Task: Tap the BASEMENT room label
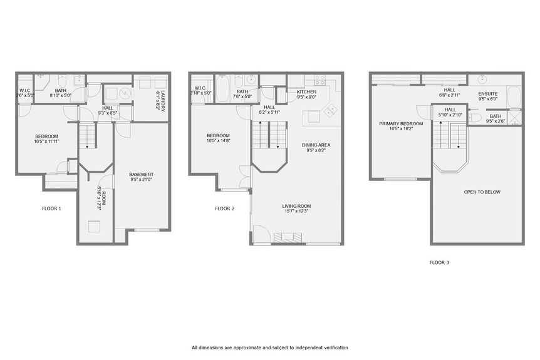coord(141,174)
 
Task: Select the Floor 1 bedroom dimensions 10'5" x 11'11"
coord(46,141)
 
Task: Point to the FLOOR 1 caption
coord(51,208)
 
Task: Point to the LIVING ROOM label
coord(296,206)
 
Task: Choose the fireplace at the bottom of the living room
coord(291,237)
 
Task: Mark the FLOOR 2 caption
coord(224,208)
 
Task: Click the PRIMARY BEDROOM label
coord(400,124)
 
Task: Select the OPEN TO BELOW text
coord(482,192)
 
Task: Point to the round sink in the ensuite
coord(483,80)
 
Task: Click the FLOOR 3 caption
coord(439,263)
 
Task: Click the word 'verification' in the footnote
coord(332,347)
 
